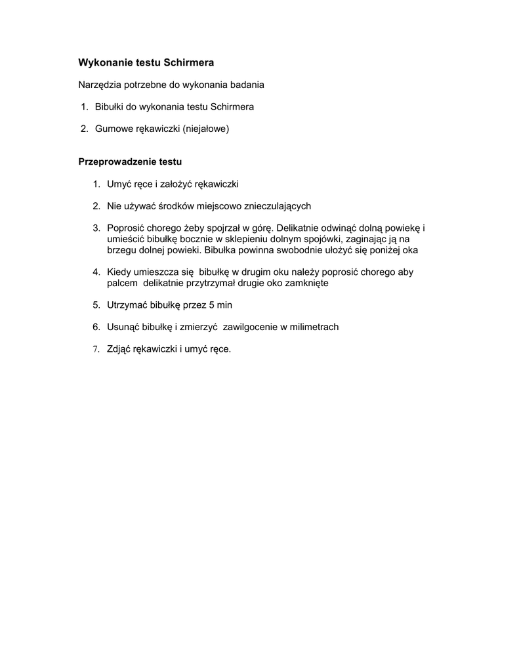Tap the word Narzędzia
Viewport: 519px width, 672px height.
click(x=100, y=85)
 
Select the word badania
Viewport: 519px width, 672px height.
click(x=247, y=85)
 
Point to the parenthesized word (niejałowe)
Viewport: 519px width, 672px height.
click(x=205, y=129)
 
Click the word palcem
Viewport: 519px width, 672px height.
click(x=122, y=283)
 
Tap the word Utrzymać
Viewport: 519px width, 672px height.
click(x=127, y=304)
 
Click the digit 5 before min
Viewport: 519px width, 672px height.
click(x=211, y=304)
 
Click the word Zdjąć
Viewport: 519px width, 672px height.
click(x=119, y=348)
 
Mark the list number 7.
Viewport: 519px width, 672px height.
click(x=96, y=348)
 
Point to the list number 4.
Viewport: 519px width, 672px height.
click(x=96, y=272)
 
